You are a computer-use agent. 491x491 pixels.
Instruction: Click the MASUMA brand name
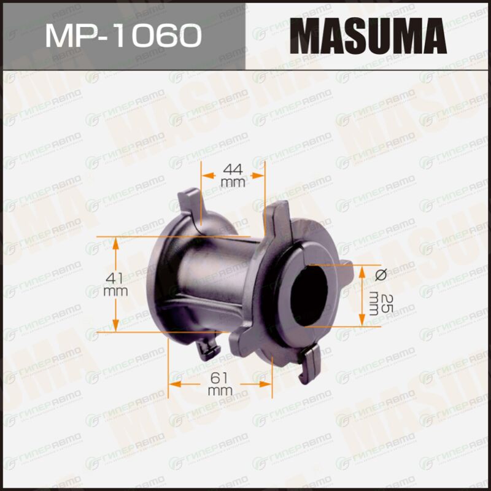tap(368, 36)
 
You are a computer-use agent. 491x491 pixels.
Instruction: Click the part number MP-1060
tap(123, 36)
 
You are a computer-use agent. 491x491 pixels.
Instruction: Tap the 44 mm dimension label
tap(233, 176)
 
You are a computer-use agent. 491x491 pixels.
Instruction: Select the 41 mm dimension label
tap(115, 284)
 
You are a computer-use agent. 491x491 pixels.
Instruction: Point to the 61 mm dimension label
tap(220, 384)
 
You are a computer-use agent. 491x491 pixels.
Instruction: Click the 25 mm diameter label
tap(381, 303)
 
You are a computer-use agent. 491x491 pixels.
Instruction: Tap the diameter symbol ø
tap(381, 275)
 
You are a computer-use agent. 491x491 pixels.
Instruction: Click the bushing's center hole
tap(309, 296)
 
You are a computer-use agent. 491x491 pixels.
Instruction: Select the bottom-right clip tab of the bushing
tap(309, 363)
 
